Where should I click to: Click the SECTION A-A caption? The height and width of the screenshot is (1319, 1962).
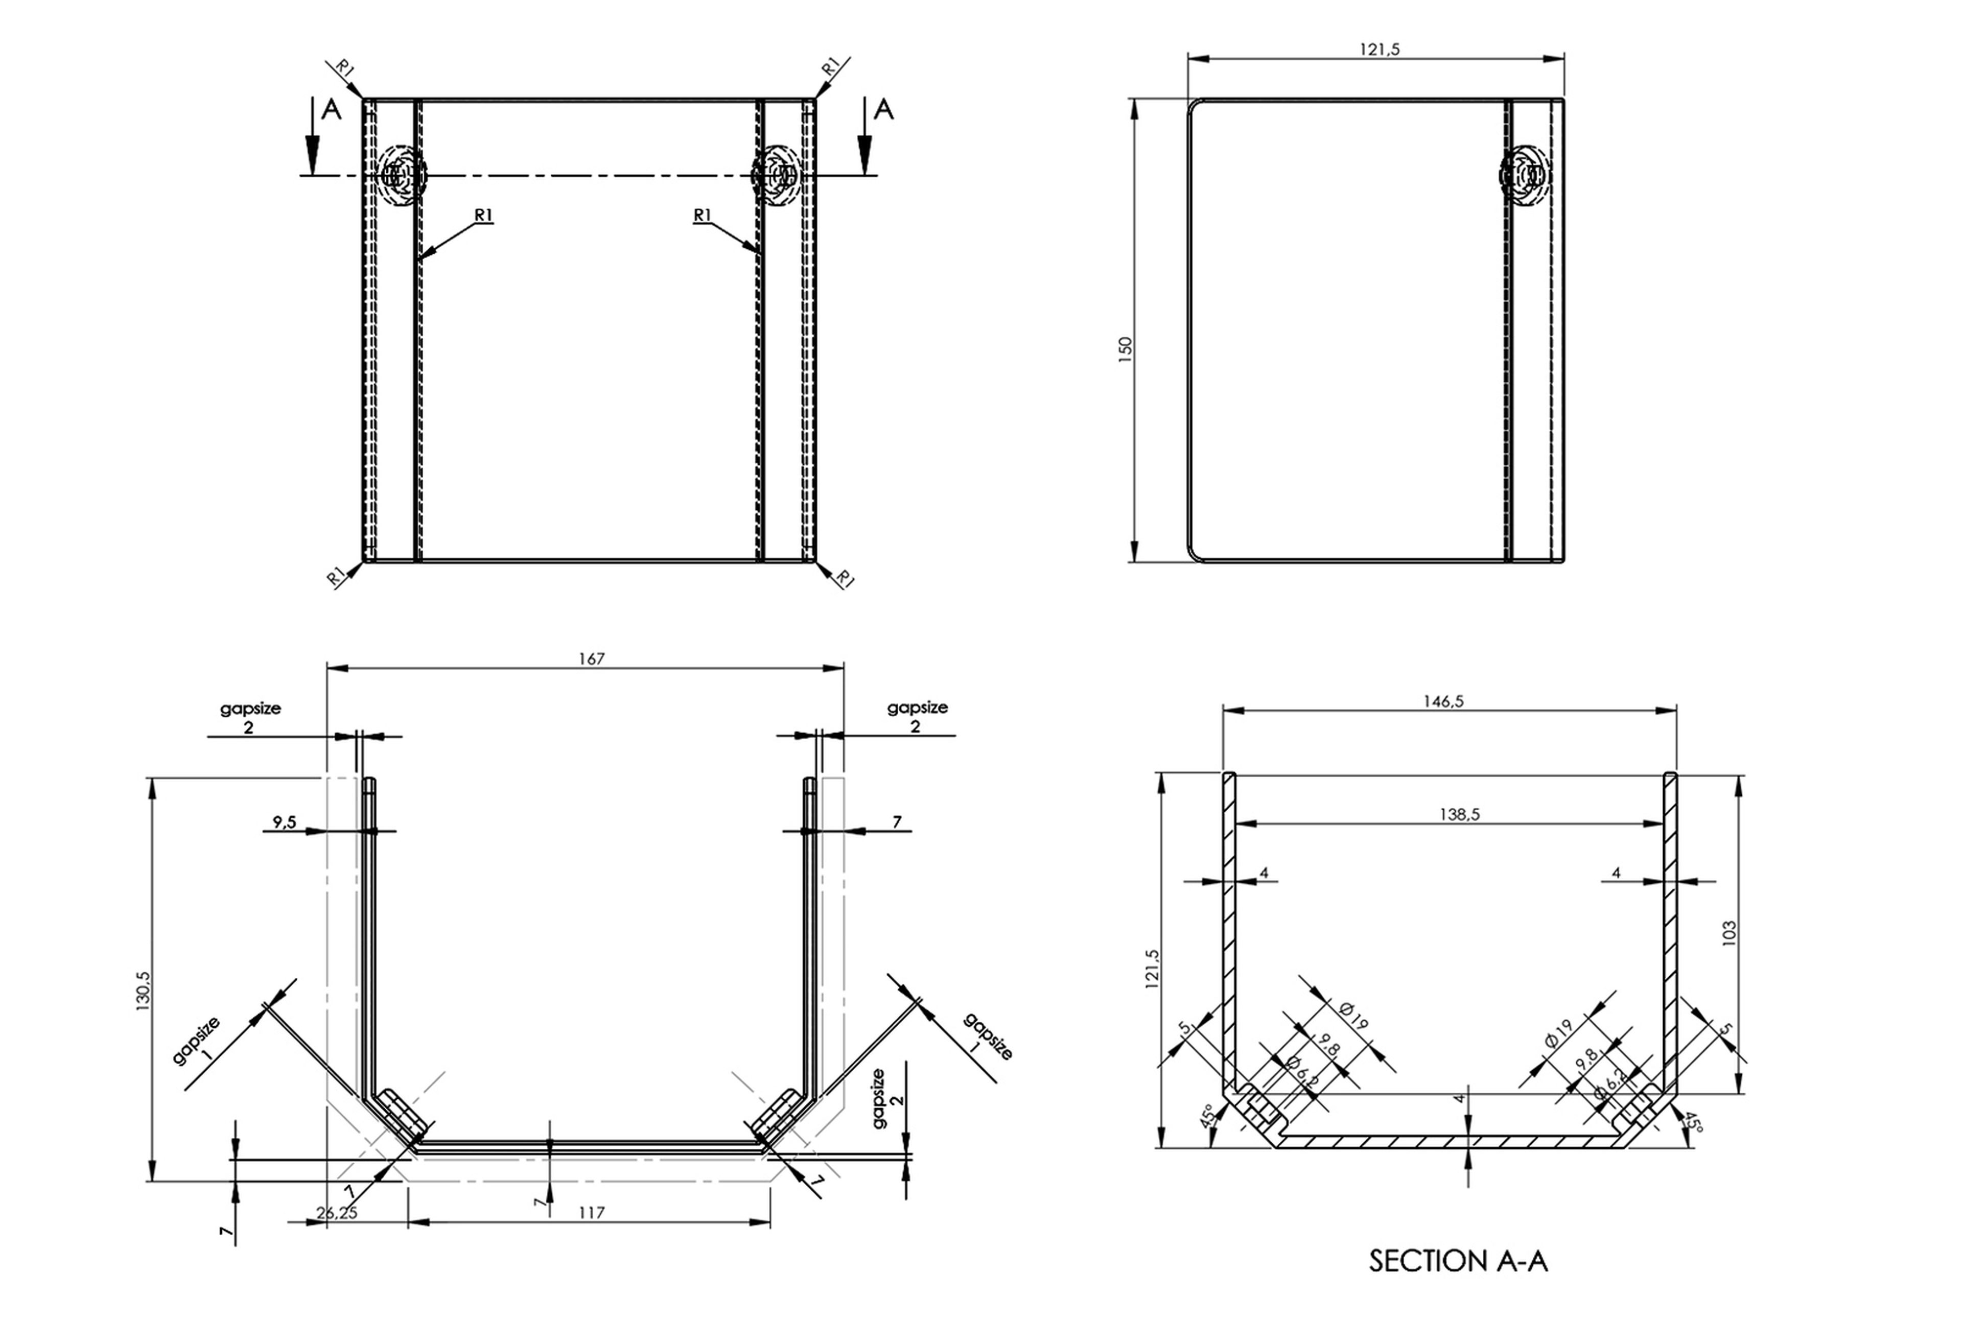point(1458,1261)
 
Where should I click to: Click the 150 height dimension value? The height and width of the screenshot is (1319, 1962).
point(1125,348)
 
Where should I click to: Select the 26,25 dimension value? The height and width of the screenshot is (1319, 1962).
point(337,1212)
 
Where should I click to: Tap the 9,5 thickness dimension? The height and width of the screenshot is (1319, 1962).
point(285,822)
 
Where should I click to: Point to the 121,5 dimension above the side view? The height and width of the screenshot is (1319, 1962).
point(1380,49)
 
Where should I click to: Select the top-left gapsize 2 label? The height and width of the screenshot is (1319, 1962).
point(250,717)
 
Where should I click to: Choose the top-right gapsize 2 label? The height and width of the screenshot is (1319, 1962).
point(917,716)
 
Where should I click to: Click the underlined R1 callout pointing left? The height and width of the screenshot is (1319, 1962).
point(483,216)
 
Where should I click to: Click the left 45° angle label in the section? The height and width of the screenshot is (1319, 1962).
point(1206,1116)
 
